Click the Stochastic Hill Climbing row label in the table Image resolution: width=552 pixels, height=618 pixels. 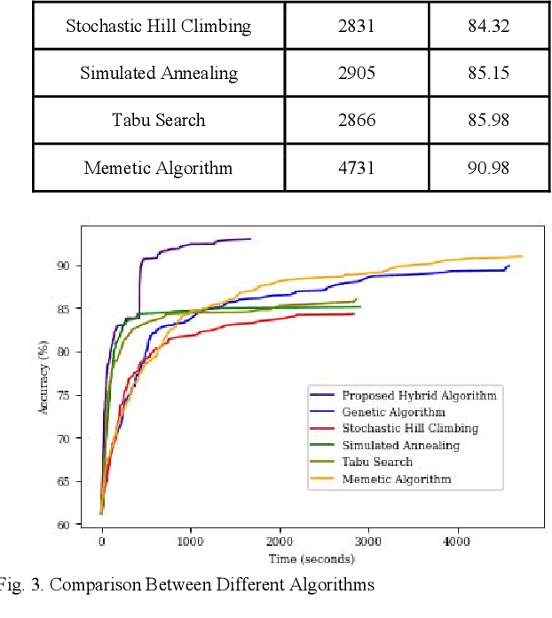point(159,25)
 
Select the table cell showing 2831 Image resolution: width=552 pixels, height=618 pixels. point(356,25)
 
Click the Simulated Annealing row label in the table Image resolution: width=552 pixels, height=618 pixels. point(159,73)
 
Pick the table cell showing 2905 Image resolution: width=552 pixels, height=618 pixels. point(356,73)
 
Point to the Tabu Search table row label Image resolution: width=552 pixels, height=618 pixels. point(159,120)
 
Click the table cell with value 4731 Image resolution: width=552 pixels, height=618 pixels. point(356,167)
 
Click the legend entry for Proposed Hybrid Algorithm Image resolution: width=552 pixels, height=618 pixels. point(419,394)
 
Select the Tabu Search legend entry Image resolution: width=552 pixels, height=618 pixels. point(376,462)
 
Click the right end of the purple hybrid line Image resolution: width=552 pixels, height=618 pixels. point(250,239)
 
